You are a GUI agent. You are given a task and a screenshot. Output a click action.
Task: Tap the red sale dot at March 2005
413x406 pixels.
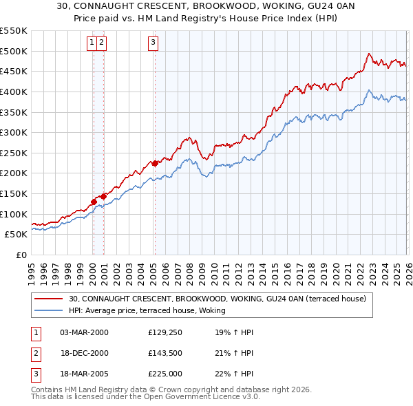pos(155,163)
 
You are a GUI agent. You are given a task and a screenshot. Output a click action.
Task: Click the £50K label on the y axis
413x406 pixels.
pos(17,235)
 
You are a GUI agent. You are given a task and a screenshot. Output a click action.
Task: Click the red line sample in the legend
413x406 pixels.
pos(49,299)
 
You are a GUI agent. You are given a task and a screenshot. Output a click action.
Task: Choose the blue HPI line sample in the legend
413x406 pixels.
pos(49,310)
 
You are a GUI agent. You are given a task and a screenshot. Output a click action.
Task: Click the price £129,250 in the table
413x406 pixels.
pos(165,332)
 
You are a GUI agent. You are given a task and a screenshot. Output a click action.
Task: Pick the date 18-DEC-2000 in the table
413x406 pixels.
pos(83,353)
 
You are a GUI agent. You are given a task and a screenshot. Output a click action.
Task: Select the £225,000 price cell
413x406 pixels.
pos(165,374)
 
